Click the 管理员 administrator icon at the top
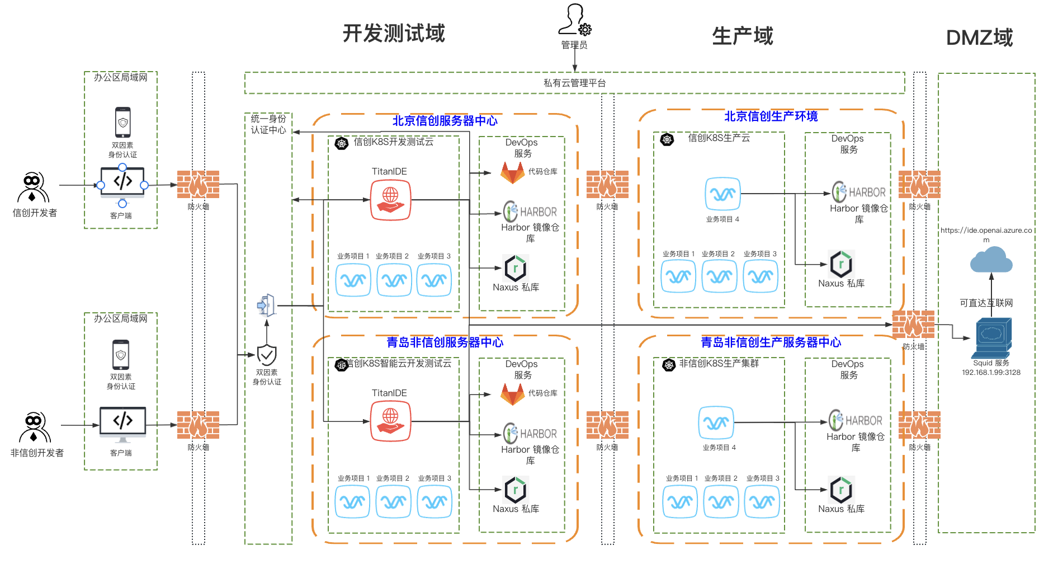click(x=574, y=20)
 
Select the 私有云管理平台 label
click(x=574, y=83)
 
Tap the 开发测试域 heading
click(x=394, y=34)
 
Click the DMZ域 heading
click(x=979, y=38)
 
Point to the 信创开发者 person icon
click(x=33, y=187)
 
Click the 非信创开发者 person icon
click(x=34, y=428)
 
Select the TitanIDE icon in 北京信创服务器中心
click(x=390, y=200)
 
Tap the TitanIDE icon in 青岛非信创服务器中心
click(x=390, y=421)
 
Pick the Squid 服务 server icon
click(x=991, y=338)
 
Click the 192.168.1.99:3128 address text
click(x=991, y=373)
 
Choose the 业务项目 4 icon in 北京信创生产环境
click(x=722, y=194)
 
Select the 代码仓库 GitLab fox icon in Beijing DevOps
click(x=512, y=173)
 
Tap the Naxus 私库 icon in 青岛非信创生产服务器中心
click(x=840, y=490)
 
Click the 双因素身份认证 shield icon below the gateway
click(x=267, y=355)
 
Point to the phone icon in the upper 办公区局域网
click(x=123, y=122)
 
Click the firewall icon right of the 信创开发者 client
click(x=198, y=185)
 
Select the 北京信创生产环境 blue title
click(x=771, y=116)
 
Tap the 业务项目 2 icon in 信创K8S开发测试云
click(x=394, y=280)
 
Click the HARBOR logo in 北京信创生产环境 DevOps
click(x=859, y=192)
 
